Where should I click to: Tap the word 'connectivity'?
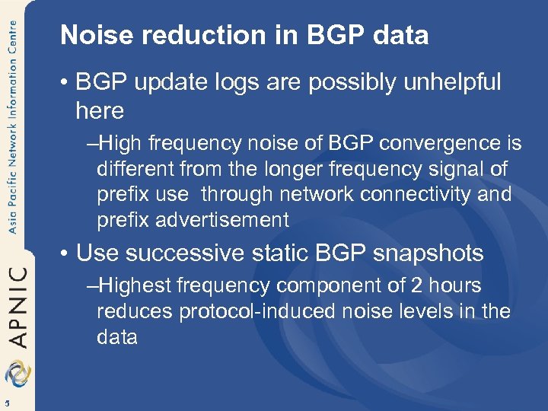(x=412, y=194)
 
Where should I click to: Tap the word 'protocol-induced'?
(x=244, y=312)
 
